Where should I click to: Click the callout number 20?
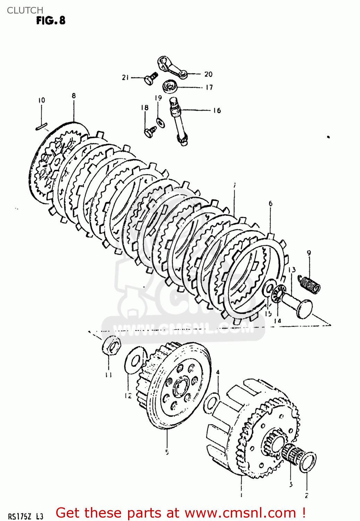click(208, 74)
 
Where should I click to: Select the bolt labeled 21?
click(150, 78)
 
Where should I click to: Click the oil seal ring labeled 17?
click(170, 86)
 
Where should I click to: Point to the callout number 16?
click(217, 110)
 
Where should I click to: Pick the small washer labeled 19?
click(160, 122)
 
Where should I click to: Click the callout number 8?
click(74, 96)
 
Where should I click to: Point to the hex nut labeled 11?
click(111, 346)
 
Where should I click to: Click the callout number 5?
click(167, 452)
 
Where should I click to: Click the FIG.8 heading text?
click(51, 20)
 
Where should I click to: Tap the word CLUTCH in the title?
click(25, 10)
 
